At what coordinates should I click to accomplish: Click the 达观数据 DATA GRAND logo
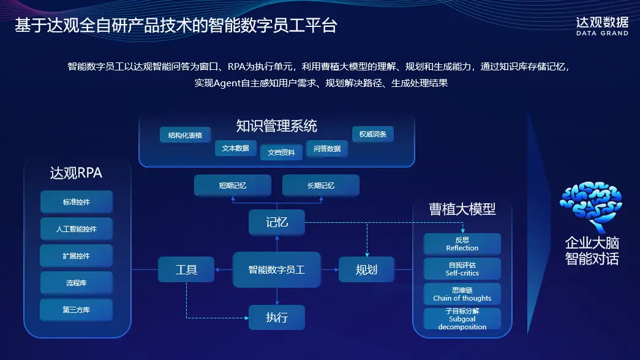[602, 26]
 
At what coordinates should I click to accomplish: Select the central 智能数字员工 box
[277, 269]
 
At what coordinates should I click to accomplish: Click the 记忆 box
[277, 222]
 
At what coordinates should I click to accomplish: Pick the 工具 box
[186, 269]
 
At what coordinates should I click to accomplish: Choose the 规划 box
[366, 269]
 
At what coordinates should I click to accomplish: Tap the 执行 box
[277, 317]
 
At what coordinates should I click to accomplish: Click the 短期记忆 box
[233, 185]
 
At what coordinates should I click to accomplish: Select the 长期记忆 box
[321, 185]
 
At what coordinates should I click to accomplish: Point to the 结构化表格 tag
[185, 135]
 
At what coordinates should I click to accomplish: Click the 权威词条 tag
[372, 134]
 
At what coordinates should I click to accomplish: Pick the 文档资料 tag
[281, 152]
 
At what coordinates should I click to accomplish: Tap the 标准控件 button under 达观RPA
[77, 202]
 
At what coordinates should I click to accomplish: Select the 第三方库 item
[77, 310]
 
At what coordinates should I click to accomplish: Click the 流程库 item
[77, 283]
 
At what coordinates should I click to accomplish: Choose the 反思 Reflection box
[462, 244]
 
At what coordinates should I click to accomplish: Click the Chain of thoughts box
[462, 294]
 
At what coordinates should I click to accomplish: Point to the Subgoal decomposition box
[462, 319]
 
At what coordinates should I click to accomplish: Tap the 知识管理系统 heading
[277, 126]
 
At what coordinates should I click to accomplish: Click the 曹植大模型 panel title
[462, 209]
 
